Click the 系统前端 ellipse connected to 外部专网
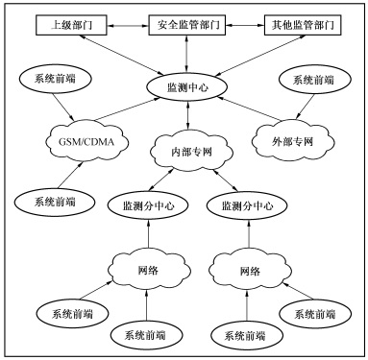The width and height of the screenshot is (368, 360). (312, 82)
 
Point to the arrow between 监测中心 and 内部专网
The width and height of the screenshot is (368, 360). (184, 116)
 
